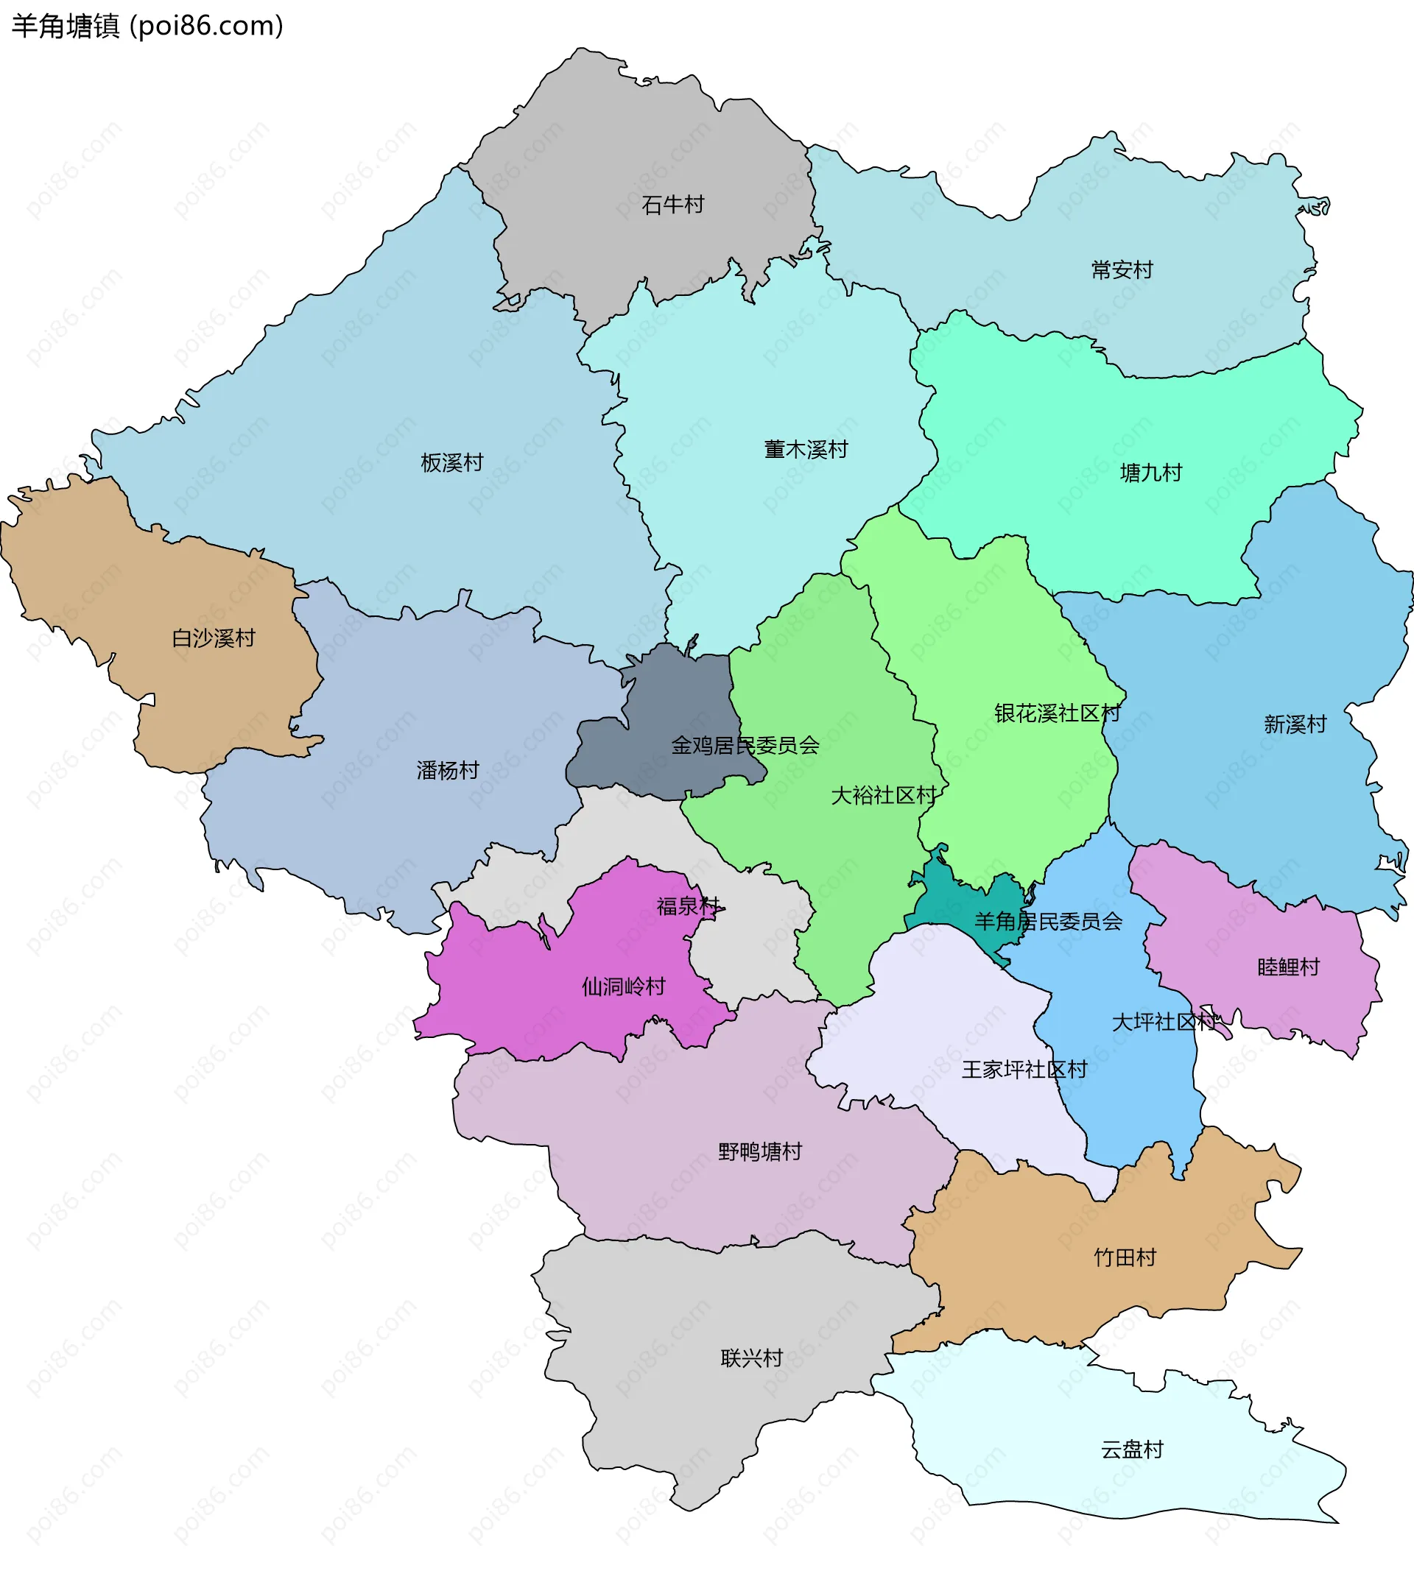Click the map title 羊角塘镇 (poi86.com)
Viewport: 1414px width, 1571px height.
pyautogui.click(x=147, y=27)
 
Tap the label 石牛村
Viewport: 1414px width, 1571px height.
pyautogui.click(x=673, y=205)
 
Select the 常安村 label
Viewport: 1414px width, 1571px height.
pyautogui.click(x=1122, y=270)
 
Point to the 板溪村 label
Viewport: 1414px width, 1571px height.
pyautogui.click(x=451, y=463)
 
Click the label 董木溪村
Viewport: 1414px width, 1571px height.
pyautogui.click(x=806, y=450)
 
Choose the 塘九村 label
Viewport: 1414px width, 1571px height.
pyautogui.click(x=1150, y=473)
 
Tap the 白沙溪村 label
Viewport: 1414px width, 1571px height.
pyautogui.click(x=214, y=638)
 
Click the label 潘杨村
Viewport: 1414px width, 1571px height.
pyautogui.click(x=448, y=770)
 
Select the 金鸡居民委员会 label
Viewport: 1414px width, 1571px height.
pyautogui.click(x=745, y=746)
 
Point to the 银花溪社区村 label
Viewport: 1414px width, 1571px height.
pyautogui.click(x=1058, y=713)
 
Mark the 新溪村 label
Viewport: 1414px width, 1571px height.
pyautogui.click(x=1295, y=724)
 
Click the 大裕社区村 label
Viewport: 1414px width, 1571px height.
pyautogui.click(x=883, y=795)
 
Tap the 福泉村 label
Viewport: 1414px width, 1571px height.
pyautogui.click(x=689, y=906)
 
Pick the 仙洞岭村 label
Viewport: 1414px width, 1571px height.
pyautogui.click(x=624, y=987)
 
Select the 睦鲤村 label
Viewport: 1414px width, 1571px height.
pyautogui.click(x=1288, y=967)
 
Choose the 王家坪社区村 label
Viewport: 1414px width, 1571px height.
pyautogui.click(x=1024, y=1070)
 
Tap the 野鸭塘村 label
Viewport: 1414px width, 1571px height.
pyautogui.click(x=760, y=1151)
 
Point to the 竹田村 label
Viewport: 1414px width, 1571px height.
pyautogui.click(x=1125, y=1257)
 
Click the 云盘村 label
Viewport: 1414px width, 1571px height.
pyautogui.click(x=1132, y=1450)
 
